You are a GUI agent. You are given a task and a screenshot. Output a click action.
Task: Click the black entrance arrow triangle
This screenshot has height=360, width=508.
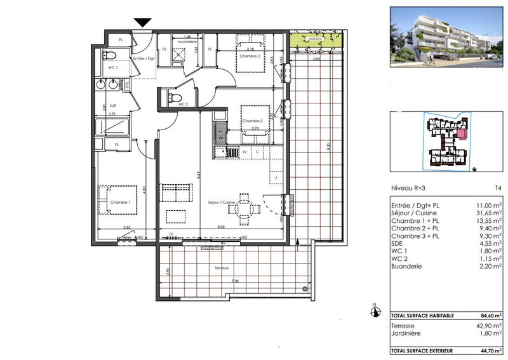tap(143, 22)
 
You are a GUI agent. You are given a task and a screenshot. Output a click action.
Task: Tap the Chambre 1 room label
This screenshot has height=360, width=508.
tap(120, 203)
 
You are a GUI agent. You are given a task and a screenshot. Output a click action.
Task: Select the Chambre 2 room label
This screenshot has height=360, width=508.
tap(250, 55)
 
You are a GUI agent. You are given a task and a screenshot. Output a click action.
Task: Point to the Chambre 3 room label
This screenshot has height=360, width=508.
tap(252, 121)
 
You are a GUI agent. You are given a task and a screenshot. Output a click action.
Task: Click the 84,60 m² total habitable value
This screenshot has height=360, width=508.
tap(488, 315)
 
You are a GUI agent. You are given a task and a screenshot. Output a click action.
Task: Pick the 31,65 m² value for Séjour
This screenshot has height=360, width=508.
tap(489, 214)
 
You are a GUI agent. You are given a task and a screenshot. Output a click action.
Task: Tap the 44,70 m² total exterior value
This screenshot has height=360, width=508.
tap(488, 350)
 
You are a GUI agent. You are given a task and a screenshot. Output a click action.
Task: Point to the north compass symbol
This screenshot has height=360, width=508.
tap(375, 311)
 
